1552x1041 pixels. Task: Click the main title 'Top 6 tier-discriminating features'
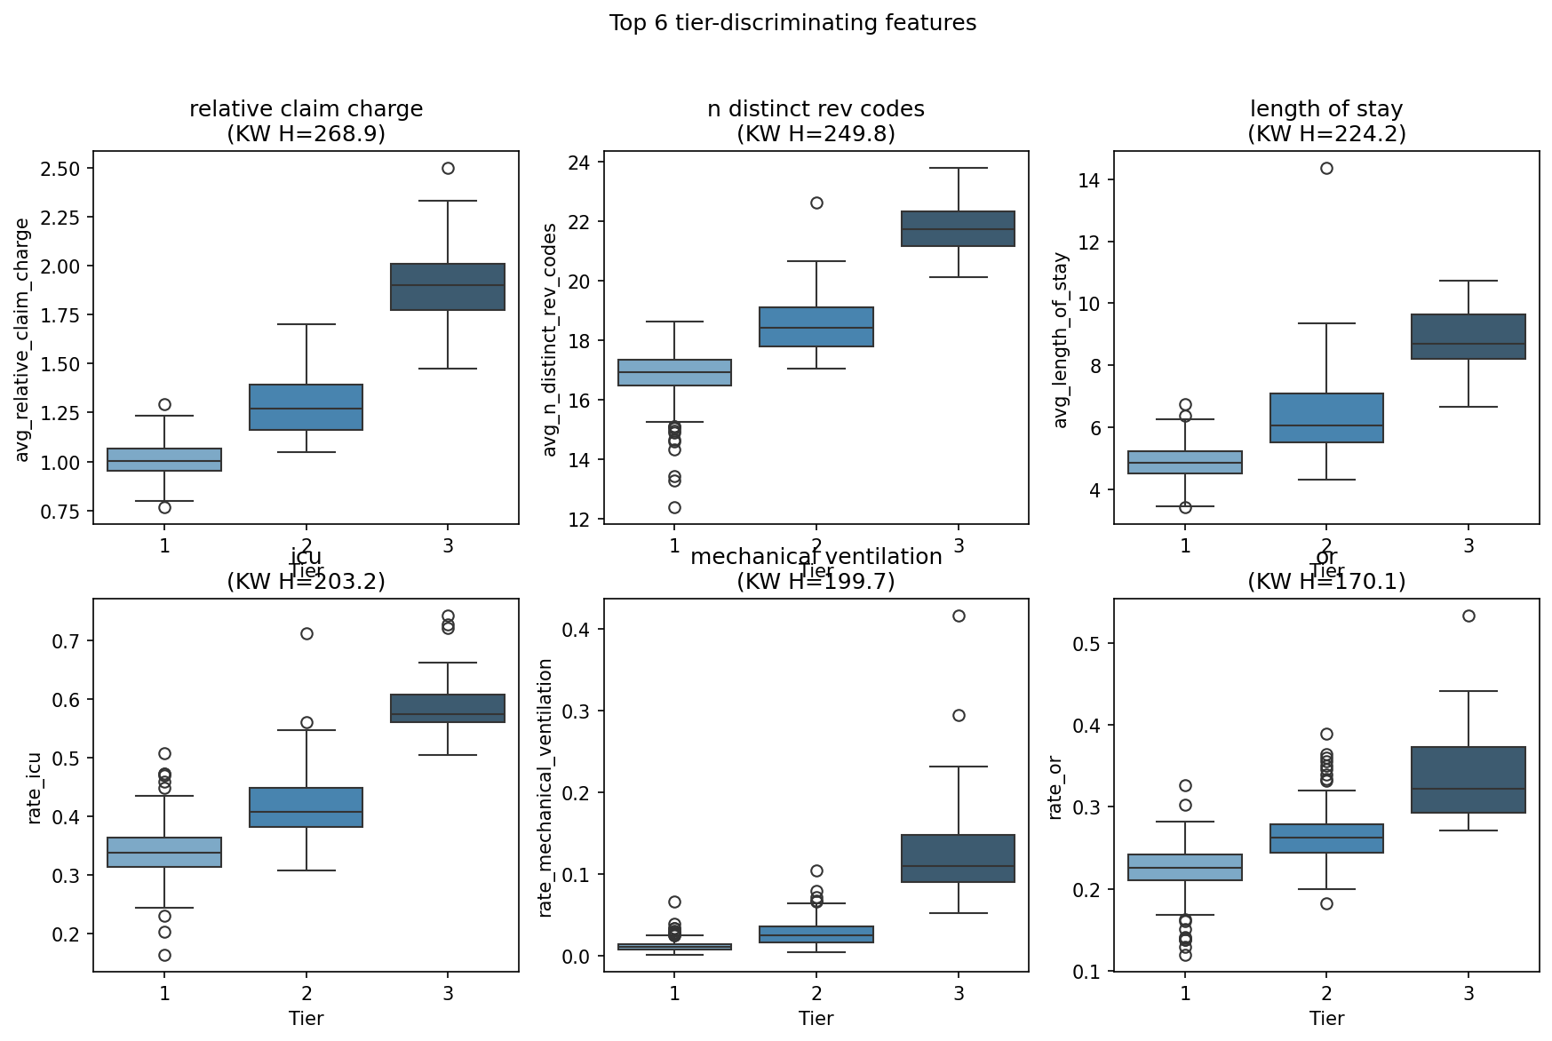click(x=792, y=23)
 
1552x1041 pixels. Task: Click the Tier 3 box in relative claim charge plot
click(x=448, y=287)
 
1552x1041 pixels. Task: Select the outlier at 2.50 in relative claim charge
click(x=448, y=168)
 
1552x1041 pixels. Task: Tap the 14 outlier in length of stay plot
click(x=1326, y=168)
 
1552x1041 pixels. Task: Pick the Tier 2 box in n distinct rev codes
click(x=816, y=327)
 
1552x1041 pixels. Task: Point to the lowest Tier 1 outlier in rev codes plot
click(x=674, y=507)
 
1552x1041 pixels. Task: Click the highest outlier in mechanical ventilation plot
click(x=959, y=616)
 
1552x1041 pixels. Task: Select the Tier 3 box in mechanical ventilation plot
click(x=959, y=858)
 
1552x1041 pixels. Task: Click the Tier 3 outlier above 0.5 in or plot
click(x=1468, y=616)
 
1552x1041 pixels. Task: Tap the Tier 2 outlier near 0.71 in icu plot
click(x=306, y=633)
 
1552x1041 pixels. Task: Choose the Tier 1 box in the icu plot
click(x=164, y=852)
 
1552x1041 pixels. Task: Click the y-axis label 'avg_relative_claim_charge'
click(x=23, y=339)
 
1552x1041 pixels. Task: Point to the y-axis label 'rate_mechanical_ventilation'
click(x=545, y=787)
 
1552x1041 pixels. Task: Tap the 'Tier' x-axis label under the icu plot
click(x=306, y=1018)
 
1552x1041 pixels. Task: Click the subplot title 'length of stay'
click(x=1326, y=109)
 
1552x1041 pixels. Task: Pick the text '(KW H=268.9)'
click(x=306, y=134)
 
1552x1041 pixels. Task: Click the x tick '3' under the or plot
click(x=1468, y=993)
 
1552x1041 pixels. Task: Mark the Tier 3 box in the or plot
click(x=1468, y=780)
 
